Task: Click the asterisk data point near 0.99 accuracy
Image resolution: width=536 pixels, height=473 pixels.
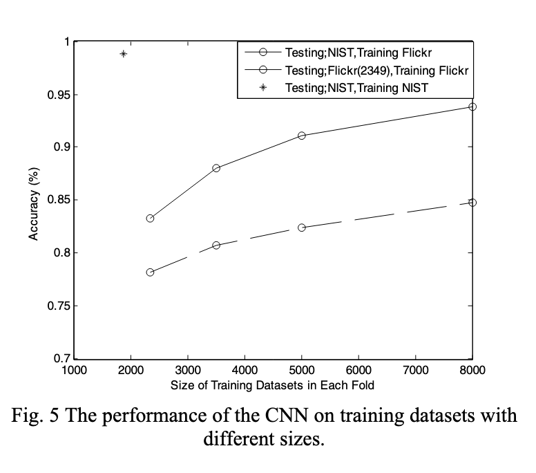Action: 124,54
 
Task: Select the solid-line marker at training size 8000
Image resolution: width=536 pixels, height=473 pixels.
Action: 472,106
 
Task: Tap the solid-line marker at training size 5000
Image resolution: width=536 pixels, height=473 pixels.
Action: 302,136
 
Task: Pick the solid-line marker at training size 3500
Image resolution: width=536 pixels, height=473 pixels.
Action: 216,168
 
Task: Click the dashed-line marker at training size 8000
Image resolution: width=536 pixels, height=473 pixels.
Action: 472,203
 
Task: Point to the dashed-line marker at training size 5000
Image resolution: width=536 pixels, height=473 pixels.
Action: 302,228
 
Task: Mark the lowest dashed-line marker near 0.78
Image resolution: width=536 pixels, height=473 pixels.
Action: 150,272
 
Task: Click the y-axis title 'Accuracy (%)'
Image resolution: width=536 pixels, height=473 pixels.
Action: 33,201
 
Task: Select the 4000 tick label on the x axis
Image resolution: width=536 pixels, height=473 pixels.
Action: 245,370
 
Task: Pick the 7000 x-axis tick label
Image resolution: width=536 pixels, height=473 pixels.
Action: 416,370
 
